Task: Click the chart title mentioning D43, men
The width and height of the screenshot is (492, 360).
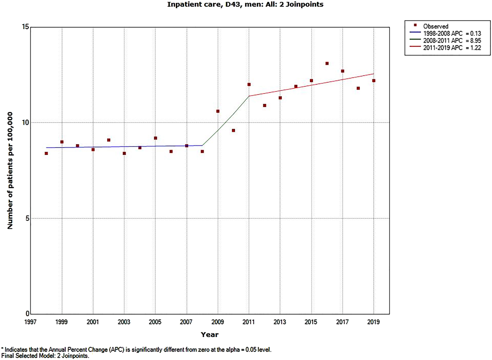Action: (245, 5)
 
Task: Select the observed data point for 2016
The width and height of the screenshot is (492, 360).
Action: (327, 64)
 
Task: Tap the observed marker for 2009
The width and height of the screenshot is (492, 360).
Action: (218, 111)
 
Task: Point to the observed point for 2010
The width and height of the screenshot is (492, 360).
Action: (233, 130)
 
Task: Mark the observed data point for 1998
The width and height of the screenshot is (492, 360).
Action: (46, 154)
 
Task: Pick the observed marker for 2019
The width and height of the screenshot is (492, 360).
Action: (373, 81)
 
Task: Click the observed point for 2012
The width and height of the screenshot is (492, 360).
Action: (265, 105)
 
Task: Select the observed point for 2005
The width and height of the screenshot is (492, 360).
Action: (155, 138)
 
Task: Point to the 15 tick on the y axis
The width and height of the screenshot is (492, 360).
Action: (25, 27)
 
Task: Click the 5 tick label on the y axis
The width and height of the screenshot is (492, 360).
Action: (27, 218)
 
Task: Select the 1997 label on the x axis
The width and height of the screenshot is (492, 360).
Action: (30, 322)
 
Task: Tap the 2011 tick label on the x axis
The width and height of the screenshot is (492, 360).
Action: (249, 322)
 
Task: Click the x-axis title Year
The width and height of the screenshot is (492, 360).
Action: (209, 335)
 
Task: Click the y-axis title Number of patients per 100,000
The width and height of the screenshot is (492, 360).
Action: (10, 170)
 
